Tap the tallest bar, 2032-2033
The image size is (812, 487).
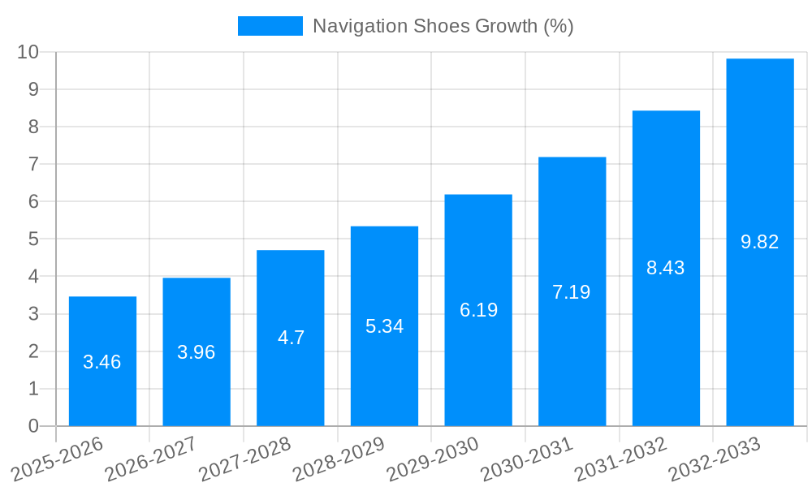(x=760, y=162)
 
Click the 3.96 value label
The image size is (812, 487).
(x=197, y=352)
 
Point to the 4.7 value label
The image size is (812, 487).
(x=291, y=338)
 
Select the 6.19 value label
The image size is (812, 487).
(x=478, y=310)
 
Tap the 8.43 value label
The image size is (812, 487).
(x=666, y=268)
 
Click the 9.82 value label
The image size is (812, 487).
(x=760, y=242)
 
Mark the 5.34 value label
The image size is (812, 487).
(x=384, y=326)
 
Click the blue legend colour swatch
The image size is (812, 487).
(x=270, y=26)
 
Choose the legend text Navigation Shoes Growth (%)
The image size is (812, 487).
(x=443, y=26)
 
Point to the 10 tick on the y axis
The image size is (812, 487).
(x=28, y=52)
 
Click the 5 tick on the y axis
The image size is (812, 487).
(x=33, y=239)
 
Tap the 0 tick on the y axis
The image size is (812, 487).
(x=33, y=426)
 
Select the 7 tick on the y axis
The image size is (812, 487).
(x=33, y=164)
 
